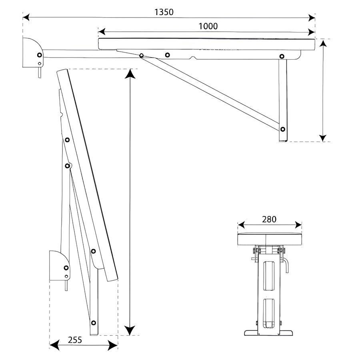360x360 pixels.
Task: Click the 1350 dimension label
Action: coord(164,12)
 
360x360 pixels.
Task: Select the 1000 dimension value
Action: coord(208,26)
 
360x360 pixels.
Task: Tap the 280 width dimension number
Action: coord(269,220)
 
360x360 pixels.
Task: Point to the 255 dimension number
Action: coord(75,340)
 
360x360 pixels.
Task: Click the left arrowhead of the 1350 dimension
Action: coord(26,17)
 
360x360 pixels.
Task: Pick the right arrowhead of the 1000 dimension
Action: coord(311,32)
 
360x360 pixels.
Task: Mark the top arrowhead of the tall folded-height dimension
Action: coord(130,74)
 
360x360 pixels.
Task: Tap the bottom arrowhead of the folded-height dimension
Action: coord(130,330)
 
